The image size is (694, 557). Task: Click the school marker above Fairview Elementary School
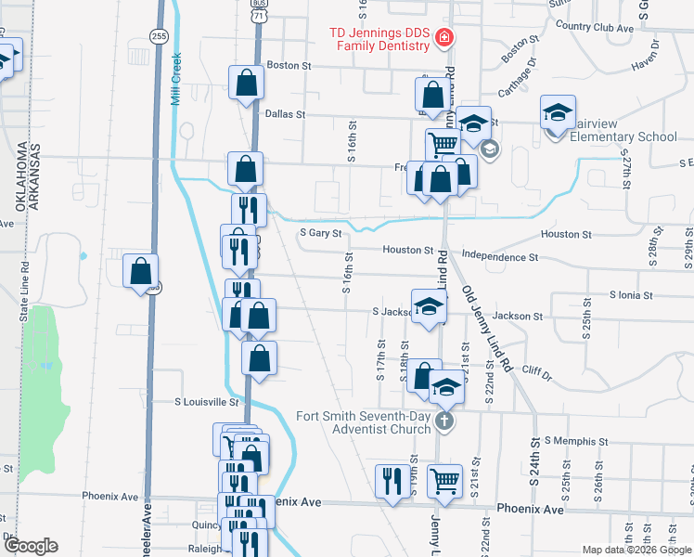pos(558,113)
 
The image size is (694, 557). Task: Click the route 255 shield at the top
pos(160,35)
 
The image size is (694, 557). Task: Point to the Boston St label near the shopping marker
pos(289,66)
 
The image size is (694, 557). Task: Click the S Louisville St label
pos(208,403)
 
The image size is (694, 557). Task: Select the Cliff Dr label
pos(536,377)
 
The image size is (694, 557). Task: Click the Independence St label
pos(499,256)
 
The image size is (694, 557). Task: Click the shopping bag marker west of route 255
pos(140,272)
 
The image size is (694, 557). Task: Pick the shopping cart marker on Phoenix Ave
pos(445,481)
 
